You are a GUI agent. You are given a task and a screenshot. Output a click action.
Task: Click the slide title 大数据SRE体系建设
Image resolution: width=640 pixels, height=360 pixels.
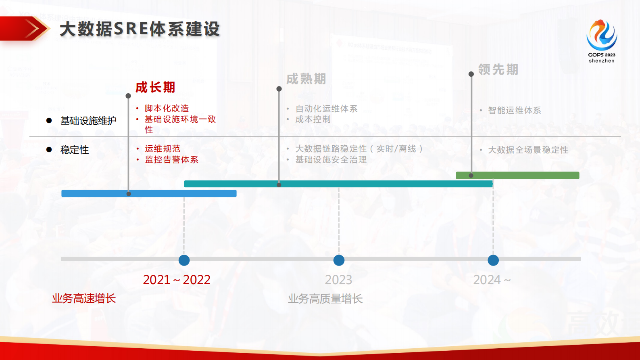point(140,29)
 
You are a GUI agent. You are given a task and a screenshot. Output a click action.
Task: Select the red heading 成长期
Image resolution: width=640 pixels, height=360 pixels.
point(155,87)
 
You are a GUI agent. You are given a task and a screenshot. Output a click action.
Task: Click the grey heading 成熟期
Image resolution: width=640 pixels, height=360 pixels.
point(306,79)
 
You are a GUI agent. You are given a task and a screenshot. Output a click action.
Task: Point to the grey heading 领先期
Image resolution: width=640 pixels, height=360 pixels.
point(498,69)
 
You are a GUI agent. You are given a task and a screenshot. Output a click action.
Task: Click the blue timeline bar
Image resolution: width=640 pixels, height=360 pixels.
point(149,194)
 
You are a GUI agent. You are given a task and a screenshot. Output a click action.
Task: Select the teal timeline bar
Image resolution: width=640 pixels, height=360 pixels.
point(338,184)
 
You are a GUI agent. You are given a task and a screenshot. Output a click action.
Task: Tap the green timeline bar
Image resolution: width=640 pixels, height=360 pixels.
point(517,176)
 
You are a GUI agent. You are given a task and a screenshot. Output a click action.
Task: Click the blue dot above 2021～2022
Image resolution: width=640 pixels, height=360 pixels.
point(184,260)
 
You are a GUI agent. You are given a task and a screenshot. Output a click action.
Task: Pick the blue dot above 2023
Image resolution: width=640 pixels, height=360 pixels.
point(339,260)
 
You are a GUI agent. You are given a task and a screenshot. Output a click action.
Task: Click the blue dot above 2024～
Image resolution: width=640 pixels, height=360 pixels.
point(493,260)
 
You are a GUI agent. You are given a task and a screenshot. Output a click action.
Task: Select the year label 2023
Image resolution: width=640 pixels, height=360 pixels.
point(338,280)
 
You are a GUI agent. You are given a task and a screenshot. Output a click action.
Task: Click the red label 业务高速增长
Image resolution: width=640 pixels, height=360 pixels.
point(84,298)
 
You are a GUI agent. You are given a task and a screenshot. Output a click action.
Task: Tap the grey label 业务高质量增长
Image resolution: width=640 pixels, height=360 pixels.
point(325,299)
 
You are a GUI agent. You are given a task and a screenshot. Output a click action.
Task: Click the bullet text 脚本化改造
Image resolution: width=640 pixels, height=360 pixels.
point(167,108)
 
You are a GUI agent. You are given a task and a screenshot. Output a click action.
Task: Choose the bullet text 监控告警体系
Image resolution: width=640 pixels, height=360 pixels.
point(171,159)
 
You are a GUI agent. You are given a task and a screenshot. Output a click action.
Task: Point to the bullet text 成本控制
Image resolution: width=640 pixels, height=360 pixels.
point(313,119)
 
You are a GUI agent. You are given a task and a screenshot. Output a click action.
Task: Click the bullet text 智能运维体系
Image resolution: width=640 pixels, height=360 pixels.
point(514,110)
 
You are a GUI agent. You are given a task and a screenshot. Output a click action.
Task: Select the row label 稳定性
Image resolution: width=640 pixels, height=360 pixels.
point(75,150)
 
